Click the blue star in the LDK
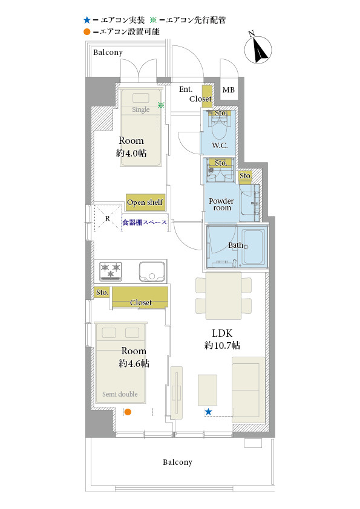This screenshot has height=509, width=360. (x=208, y=412)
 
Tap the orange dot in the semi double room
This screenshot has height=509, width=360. (x=128, y=412)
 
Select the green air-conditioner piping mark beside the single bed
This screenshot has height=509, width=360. (x=161, y=105)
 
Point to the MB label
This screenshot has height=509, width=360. (x=229, y=89)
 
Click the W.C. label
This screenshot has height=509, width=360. (x=220, y=145)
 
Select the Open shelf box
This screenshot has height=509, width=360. (x=145, y=203)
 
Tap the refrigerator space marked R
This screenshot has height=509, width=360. (x=108, y=218)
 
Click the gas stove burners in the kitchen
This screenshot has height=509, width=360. (x=111, y=271)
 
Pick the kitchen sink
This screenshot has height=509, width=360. (x=152, y=271)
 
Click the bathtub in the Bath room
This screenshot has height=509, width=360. (x=252, y=247)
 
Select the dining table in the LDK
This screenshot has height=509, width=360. (x=223, y=296)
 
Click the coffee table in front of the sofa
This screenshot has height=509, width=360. (x=208, y=390)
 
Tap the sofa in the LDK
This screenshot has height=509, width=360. (x=249, y=389)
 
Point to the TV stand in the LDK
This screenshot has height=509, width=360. (x=177, y=393)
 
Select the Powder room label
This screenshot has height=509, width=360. (x=221, y=204)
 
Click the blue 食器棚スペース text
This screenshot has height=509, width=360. (x=145, y=222)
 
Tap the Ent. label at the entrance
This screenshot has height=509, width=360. (x=186, y=89)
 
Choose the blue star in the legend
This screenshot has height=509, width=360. (x=87, y=20)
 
